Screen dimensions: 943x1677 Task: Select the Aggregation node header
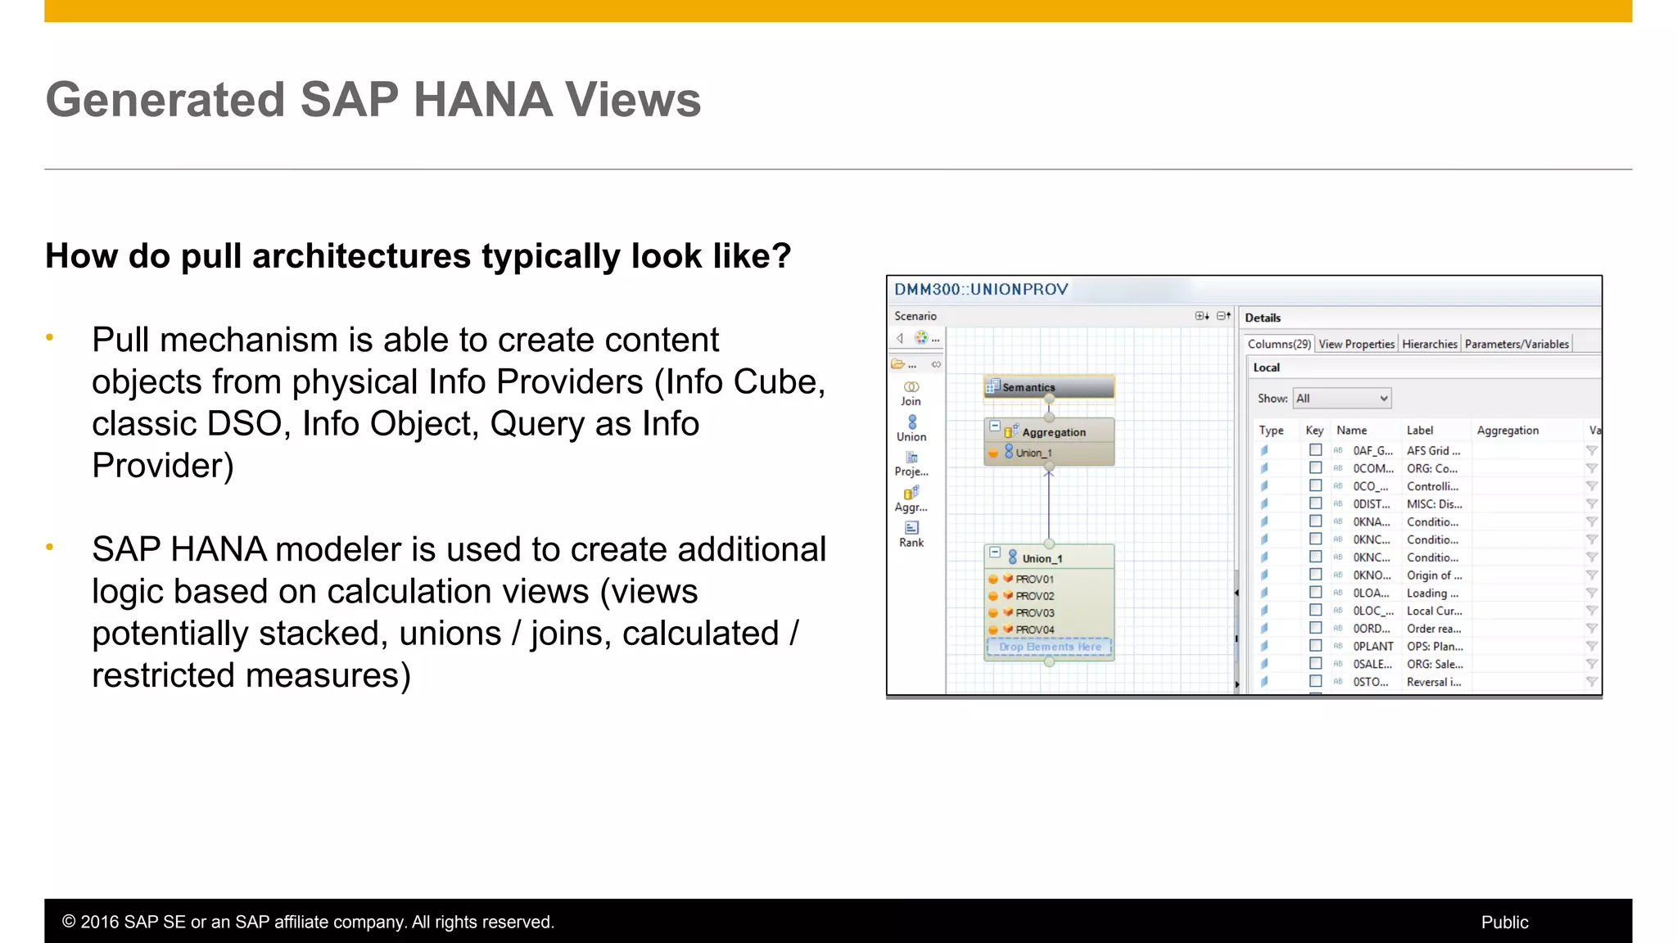pos(1053,432)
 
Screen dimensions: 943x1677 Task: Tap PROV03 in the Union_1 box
pos(1034,613)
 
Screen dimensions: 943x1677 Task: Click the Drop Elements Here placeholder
pos(1049,647)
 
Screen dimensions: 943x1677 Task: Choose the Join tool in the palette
pos(911,393)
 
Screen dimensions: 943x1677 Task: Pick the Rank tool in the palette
pos(911,534)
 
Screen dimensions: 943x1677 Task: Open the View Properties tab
pos(1356,344)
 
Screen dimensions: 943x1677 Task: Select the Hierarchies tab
pos(1429,344)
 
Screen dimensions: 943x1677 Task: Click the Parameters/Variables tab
pos(1517,344)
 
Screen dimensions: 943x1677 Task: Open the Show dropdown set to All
pos(1341,399)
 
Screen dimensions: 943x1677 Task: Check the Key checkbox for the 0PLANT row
pos(1315,646)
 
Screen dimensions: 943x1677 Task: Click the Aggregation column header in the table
pos(1507,431)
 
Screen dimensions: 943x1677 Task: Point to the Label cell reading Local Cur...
pos(1434,611)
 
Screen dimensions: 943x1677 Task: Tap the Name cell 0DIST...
pos(1371,504)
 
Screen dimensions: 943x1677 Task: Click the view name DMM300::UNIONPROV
pos(981,290)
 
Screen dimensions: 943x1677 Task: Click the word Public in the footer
pos(1504,923)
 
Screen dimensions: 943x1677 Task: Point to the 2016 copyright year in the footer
pos(98,923)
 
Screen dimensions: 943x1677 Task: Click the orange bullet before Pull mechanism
pos(50,337)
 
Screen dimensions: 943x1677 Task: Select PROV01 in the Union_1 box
pos(1034,580)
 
